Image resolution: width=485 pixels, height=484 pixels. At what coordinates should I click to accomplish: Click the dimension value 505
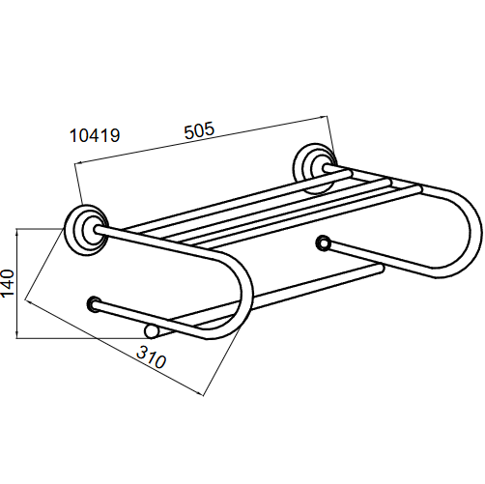coord(199,130)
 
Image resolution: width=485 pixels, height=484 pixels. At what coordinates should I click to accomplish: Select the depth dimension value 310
coord(151,357)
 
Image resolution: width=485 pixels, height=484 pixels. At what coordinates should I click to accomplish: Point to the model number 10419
coord(95,135)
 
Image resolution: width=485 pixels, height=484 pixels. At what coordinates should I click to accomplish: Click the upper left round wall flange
coord(86,230)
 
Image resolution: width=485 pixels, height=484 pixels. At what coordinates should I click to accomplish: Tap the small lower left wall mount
coord(95,304)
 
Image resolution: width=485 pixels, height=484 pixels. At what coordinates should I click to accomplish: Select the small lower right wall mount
coord(323,243)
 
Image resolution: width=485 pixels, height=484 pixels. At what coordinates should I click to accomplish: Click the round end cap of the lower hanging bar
coord(151,331)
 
